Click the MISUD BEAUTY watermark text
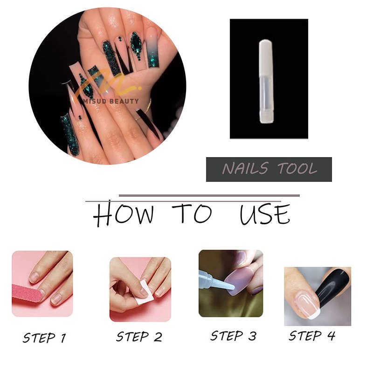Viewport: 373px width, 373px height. [x=112, y=101]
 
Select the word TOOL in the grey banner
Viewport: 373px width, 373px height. [x=297, y=168]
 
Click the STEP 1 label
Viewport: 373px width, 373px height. [x=44, y=338]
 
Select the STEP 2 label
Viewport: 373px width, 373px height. [x=139, y=337]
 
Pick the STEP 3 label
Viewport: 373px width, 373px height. [x=233, y=336]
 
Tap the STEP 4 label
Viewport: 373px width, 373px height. [x=312, y=336]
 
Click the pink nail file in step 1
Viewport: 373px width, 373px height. [x=27, y=293]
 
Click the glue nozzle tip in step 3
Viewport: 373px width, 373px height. [x=231, y=287]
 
